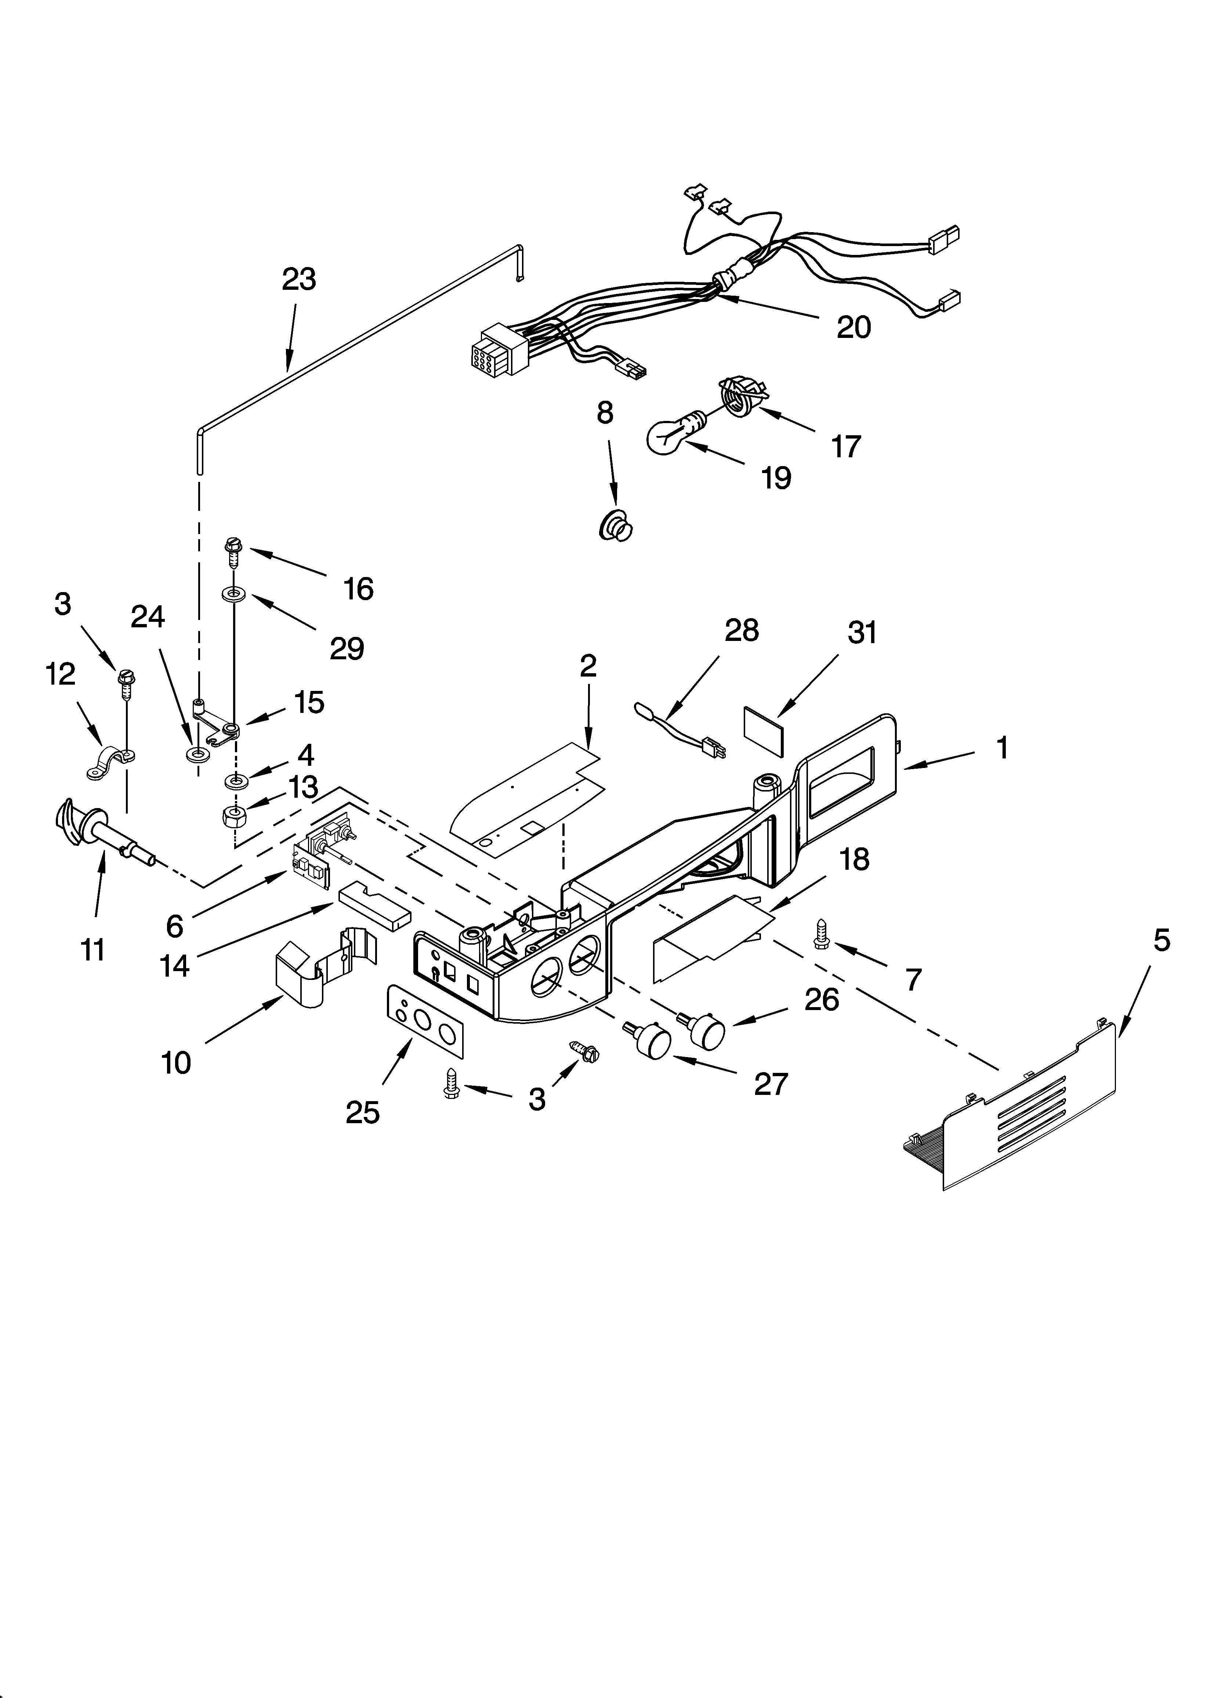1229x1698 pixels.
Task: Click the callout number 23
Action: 299,279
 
